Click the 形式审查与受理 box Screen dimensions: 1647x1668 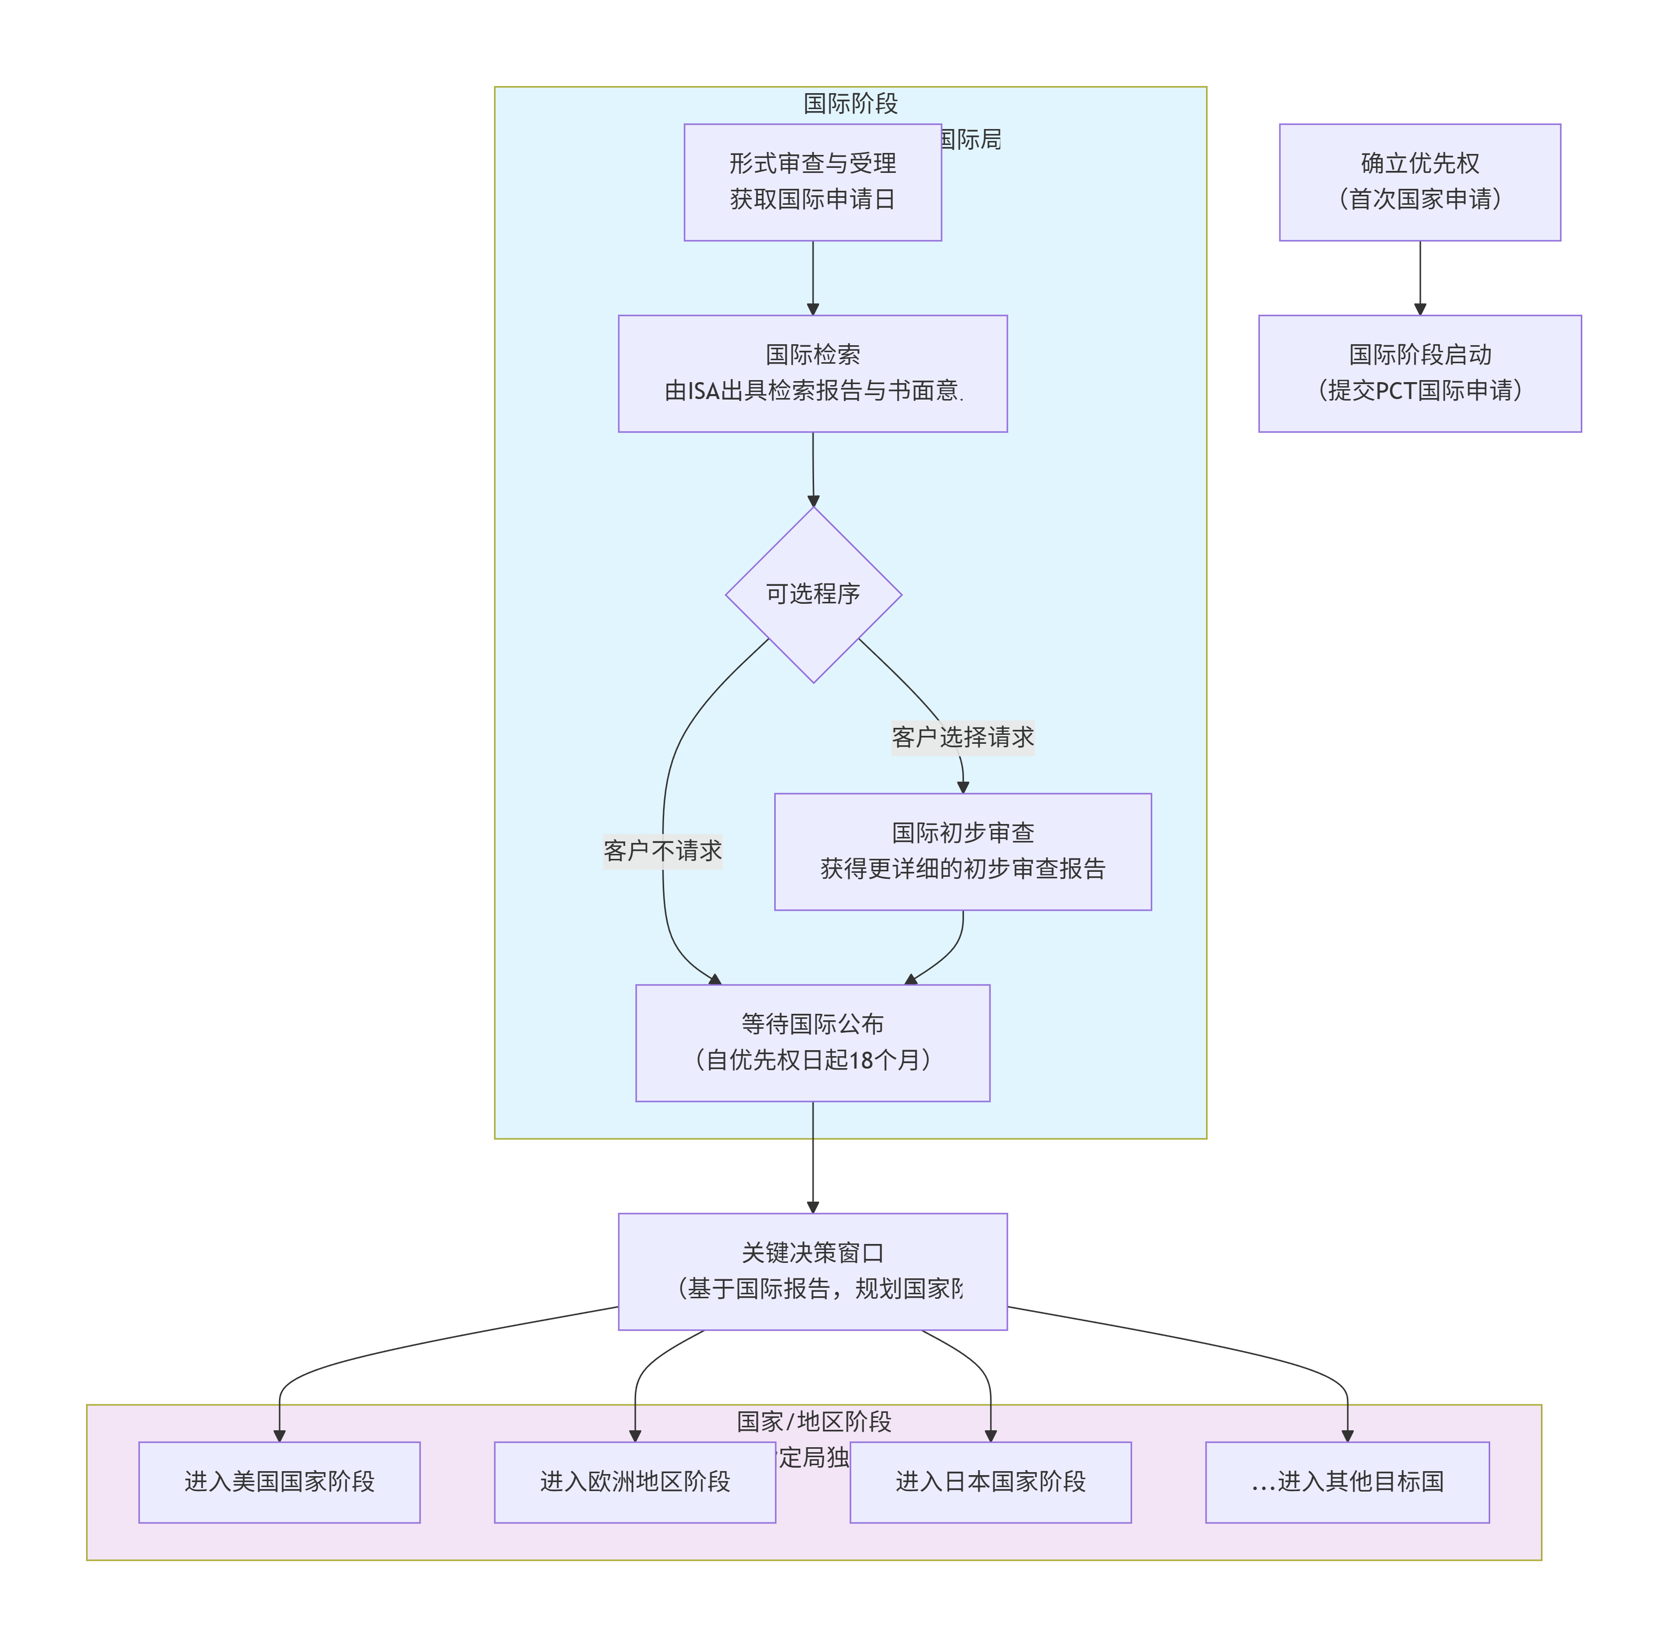813,182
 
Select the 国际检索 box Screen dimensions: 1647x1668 813,373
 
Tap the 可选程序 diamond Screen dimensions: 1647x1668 813,595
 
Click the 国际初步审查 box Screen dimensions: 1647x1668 963,851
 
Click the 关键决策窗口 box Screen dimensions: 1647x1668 813,1271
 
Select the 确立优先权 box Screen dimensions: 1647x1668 1419,182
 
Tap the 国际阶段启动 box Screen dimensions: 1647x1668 1419,373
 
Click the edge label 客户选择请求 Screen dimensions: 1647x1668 963,737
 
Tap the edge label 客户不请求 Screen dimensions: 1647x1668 662,851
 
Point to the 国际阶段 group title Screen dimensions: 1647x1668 850,104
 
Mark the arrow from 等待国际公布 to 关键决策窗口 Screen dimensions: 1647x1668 813,1157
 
